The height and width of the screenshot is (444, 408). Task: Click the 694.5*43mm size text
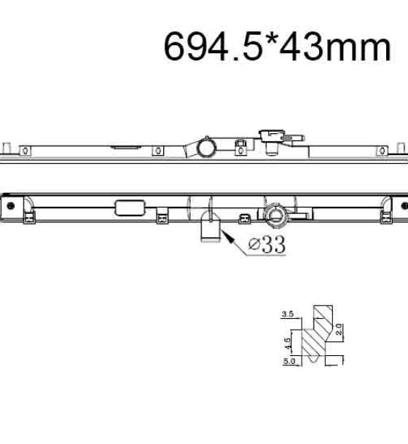click(278, 47)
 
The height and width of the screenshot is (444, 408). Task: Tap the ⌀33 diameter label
click(267, 245)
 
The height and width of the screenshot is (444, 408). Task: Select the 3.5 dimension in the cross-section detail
click(288, 314)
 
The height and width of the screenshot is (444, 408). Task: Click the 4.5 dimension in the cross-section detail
click(287, 344)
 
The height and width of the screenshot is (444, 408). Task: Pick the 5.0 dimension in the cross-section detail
click(289, 361)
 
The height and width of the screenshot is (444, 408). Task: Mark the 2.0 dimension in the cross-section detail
click(339, 329)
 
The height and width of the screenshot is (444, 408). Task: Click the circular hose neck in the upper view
click(207, 147)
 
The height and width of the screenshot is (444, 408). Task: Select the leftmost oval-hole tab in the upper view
click(25, 151)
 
